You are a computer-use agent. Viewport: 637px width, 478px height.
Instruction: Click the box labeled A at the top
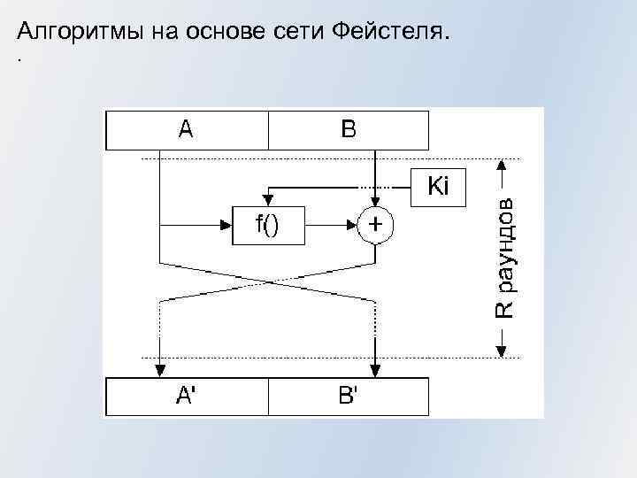tap(187, 130)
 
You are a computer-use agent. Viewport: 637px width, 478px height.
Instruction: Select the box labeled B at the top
tap(349, 130)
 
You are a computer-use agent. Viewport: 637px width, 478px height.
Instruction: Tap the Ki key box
tap(439, 187)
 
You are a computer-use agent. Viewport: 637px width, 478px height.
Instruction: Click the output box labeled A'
tap(187, 397)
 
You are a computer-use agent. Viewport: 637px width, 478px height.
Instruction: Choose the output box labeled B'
tap(349, 397)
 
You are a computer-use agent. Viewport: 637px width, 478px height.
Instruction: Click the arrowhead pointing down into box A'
tap(159, 371)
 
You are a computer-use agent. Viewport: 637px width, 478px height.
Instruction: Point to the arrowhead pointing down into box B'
tap(376, 371)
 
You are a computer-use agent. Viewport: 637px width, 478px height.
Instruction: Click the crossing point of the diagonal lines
tap(268, 281)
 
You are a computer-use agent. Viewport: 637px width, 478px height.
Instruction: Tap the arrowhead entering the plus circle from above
tap(376, 202)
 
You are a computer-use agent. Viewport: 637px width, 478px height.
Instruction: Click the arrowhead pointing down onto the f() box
tap(267, 203)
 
